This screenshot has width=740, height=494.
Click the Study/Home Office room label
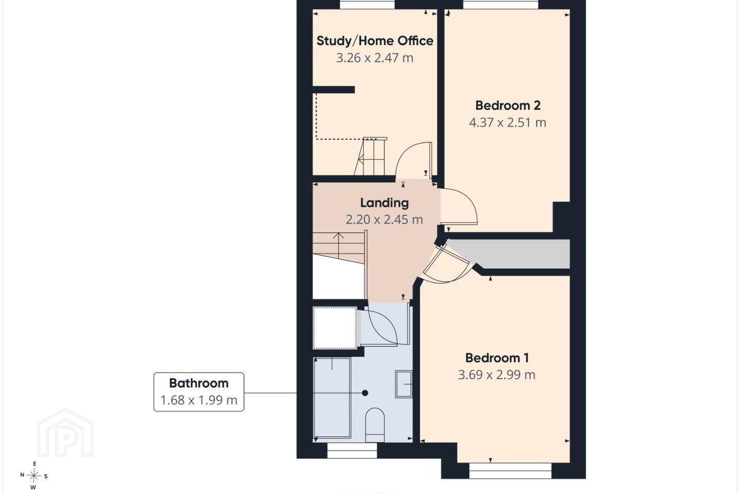pyautogui.click(x=375, y=41)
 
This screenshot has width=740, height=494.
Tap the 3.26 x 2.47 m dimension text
pyautogui.click(x=375, y=58)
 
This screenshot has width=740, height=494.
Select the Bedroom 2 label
pyautogui.click(x=508, y=105)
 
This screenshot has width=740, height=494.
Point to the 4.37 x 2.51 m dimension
pyautogui.click(x=508, y=122)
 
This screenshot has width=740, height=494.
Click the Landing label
pyautogui.click(x=384, y=203)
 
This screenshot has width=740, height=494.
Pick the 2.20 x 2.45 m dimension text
pyautogui.click(x=384, y=219)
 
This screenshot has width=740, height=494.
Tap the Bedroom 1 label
pyautogui.click(x=497, y=358)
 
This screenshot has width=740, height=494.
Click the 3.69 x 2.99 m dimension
pyautogui.click(x=496, y=375)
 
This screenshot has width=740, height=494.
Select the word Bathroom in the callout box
pyautogui.click(x=198, y=383)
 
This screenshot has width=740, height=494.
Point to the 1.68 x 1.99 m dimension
pyautogui.click(x=198, y=400)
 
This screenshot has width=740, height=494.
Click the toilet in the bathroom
pyautogui.click(x=375, y=425)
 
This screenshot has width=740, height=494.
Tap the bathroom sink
pyautogui.click(x=404, y=384)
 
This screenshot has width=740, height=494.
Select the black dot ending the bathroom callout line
pyautogui.click(x=365, y=393)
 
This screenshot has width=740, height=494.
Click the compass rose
pyautogui.click(x=34, y=476)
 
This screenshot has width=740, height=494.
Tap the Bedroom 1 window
pyautogui.click(x=510, y=471)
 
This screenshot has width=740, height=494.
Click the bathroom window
pyautogui.click(x=352, y=451)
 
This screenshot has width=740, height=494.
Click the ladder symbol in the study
pyautogui.click(x=371, y=156)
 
